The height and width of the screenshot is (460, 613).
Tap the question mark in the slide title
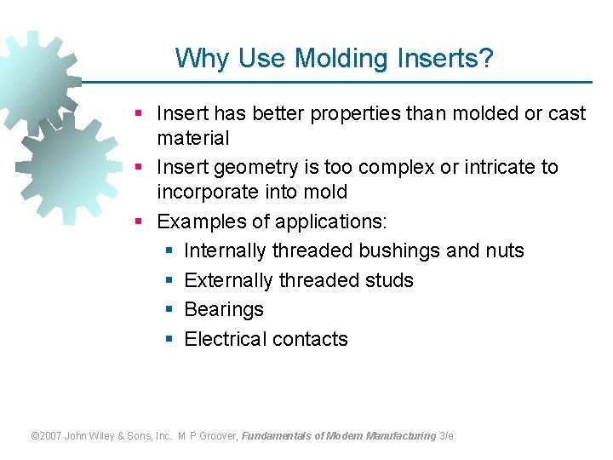(486, 59)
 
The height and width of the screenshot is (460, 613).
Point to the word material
(193, 138)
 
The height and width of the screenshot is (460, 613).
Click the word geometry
(255, 168)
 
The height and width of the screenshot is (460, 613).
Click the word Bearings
(224, 310)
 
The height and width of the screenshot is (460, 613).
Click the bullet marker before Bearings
(169, 310)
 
